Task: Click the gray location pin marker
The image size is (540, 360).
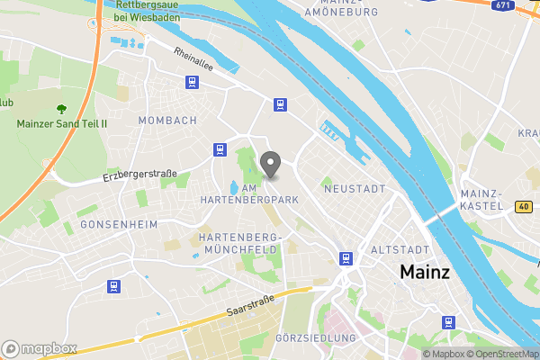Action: (x=270, y=165)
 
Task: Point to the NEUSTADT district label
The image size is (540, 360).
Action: (x=354, y=189)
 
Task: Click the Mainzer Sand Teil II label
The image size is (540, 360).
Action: (x=61, y=122)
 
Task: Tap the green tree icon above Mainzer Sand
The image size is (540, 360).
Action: (x=61, y=108)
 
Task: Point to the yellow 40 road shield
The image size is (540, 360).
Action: (x=524, y=207)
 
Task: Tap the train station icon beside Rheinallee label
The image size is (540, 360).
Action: (x=192, y=82)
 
